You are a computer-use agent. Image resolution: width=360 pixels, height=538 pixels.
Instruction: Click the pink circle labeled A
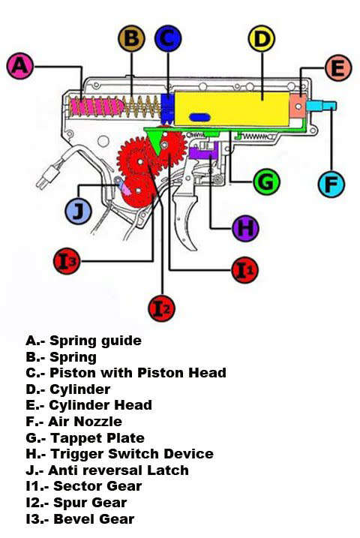click(20, 65)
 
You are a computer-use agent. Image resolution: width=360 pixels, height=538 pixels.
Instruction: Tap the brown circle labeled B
click(132, 38)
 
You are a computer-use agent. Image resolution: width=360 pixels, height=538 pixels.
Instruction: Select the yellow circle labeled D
click(262, 38)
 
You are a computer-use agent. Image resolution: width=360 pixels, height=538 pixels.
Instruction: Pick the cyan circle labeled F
click(331, 185)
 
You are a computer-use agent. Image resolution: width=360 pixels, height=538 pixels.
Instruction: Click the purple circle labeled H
click(245, 228)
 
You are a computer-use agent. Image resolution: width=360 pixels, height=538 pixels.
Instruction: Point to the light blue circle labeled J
click(78, 211)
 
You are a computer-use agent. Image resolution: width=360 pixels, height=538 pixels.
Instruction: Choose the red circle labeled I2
click(162, 308)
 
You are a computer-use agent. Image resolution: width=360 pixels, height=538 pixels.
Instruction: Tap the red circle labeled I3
click(67, 261)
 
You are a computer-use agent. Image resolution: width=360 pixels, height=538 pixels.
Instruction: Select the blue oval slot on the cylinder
click(199, 117)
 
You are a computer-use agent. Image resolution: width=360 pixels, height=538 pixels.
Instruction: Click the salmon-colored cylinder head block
click(298, 106)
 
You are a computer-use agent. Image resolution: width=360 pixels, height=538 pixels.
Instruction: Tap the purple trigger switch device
click(203, 151)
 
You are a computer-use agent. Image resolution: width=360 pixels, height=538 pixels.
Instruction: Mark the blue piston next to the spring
click(167, 109)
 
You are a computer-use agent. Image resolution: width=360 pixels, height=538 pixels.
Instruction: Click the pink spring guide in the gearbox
click(96, 107)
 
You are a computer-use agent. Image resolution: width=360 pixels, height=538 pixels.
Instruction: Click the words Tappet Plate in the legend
click(97, 437)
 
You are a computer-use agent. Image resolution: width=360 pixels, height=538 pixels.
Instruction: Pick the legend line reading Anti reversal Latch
click(107, 470)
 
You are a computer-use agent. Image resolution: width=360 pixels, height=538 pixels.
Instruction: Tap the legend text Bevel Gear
click(94, 518)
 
